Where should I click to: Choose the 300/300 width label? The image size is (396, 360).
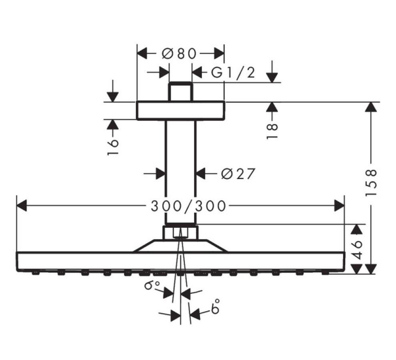tap(180, 205)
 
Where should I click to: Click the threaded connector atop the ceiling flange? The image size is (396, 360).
tap(180, 92)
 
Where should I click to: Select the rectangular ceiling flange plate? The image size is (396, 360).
tap(180, 110)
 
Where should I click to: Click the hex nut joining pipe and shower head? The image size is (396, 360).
tap(180, 233)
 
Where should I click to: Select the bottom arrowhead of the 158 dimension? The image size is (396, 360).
tap(372, 267)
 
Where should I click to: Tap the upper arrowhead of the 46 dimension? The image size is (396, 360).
tap(356, 230)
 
